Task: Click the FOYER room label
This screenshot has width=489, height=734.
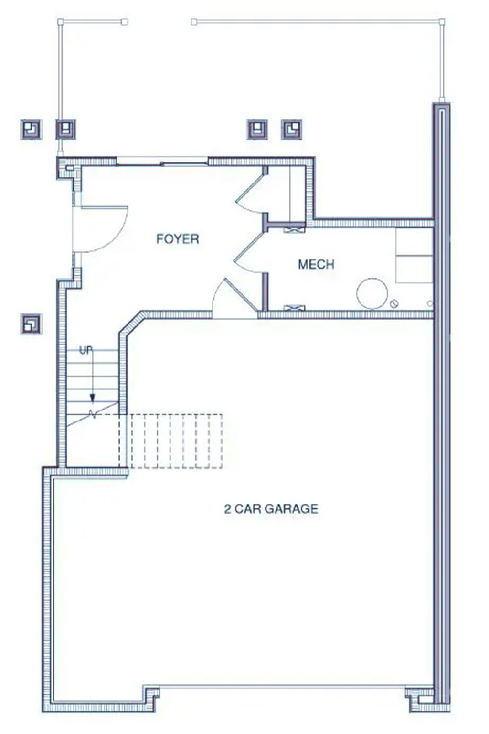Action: pyautogui.click(x=177, y=238)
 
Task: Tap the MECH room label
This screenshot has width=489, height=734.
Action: pyautogui.click(x=316, y=264)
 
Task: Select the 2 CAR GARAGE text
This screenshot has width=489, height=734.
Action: pyautogui.click(x=271, y=508)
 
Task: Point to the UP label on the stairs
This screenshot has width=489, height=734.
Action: pyautogui.click(x=86, y=350)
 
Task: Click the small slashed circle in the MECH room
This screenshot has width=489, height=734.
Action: pyautogui.click(x=394, y=303)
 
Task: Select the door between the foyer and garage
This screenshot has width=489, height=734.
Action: pyautogui.click(x=234, y=299)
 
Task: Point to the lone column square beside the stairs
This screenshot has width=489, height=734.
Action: pyautogui.click(x=31, y=324)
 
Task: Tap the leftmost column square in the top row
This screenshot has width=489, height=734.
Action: pyautogui.click(x=31, y=129)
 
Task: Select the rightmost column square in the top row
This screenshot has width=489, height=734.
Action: pyautogui.click(x=291, y=129)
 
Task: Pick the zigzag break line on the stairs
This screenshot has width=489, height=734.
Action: pyautogui.click(x=93, y=414)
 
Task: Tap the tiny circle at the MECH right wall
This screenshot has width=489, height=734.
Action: pyautogui.click(x=429, y=303)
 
